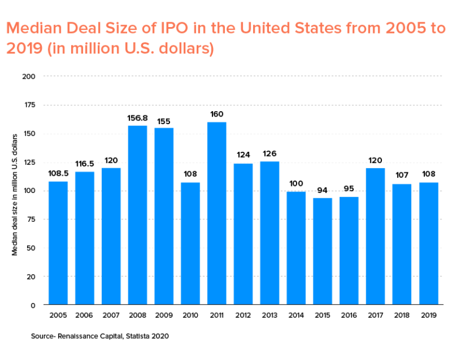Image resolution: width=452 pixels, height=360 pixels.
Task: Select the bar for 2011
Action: pyautogui.click(x=217, y=214)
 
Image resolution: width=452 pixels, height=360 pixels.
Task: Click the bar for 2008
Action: pyautogui.click(x=137, y=215)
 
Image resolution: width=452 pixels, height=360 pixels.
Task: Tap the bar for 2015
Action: pyautogui.click(x=323, y=251)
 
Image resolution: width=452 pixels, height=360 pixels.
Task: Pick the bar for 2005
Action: pyautogui.click(x=58, y=243)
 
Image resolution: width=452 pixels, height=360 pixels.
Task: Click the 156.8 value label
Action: pyautogui.click(x=137, y=118)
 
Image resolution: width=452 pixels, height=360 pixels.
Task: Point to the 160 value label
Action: pyautogui.click(x=217, y=114)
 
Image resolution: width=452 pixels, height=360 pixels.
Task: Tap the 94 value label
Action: pyautogui.click(x=323, y=190)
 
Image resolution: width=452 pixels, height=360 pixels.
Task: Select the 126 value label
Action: pyautogui.click(x=270, y=154)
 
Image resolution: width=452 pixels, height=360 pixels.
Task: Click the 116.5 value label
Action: pyautogui.click(x=84, y=164)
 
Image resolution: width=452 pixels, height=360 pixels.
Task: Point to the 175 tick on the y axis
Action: pyautogui.click(x=29, y=105)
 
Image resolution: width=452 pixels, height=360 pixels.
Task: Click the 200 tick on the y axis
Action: pyautogui.click(x=29, y=76)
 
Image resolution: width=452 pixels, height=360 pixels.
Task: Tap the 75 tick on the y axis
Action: pyautogui.click(x=31, y=219)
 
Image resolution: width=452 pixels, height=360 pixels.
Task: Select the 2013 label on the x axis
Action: pyautogui.click(x=270, y=316)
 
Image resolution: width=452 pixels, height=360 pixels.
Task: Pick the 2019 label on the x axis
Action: pyautogui.click(x=428, y=316)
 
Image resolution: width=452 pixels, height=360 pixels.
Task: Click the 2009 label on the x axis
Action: pyautogui.click(x=164, y=316)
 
